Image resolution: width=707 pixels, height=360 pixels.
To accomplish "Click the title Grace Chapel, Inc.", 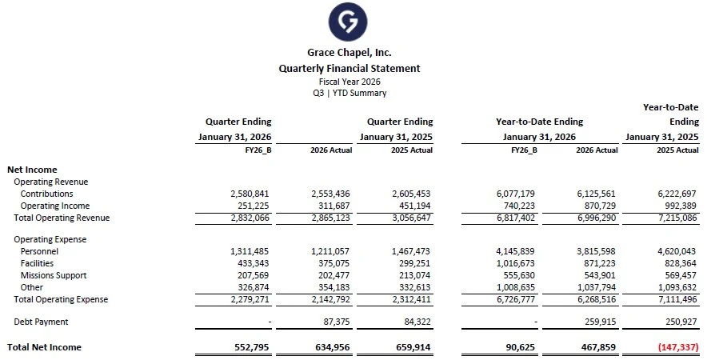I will point(349,53).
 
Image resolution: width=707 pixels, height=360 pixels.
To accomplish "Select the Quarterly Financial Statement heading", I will point(349,69).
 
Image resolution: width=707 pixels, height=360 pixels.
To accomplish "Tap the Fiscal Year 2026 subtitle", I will point(349,82).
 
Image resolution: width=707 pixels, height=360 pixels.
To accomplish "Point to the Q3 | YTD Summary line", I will point(349,93).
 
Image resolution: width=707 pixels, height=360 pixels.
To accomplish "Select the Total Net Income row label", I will point(44,347).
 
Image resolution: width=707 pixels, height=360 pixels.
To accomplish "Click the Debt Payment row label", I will point(41,322).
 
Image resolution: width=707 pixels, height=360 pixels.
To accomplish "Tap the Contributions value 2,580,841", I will point(250,194).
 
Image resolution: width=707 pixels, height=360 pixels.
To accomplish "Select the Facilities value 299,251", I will point(412,263).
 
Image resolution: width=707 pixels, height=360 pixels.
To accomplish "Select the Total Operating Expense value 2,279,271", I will point(250,300).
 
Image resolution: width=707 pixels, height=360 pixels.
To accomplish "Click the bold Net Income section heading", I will point(31,170).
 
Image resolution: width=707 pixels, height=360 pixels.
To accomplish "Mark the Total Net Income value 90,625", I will point(513,347).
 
